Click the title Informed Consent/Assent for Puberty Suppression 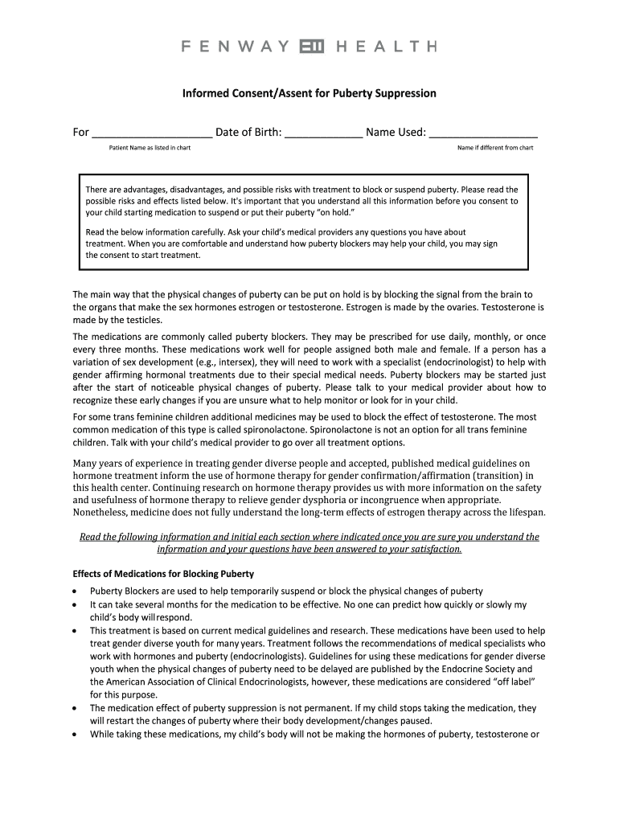click(x=309, y=93)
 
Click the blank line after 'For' click(x=152, y=133)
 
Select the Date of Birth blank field click(x=323, y=133)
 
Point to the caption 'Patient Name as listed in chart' click(x=150, y=148)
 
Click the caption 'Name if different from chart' click(x=495, y=148)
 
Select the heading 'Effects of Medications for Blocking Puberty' click(x=163, y=574)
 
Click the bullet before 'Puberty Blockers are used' click(x=75, y=592)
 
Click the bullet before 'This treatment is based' click(x=75, y=631)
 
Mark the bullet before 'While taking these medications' click(x=75, y=734)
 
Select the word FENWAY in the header click(x=236, y=47)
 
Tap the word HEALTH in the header click(x=385, y=47)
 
